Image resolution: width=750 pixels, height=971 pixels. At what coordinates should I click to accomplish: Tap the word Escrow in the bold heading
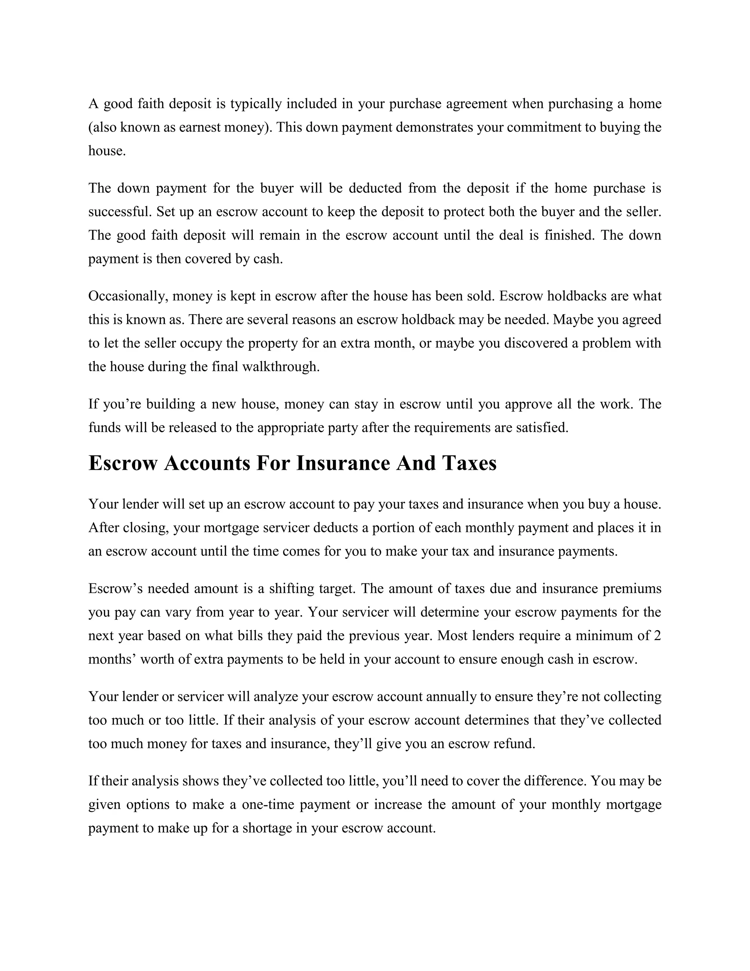[123, 463]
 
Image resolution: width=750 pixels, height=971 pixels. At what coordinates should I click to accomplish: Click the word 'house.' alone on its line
[107, 151]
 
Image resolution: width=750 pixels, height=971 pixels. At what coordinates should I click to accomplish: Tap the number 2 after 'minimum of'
[658, 636]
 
